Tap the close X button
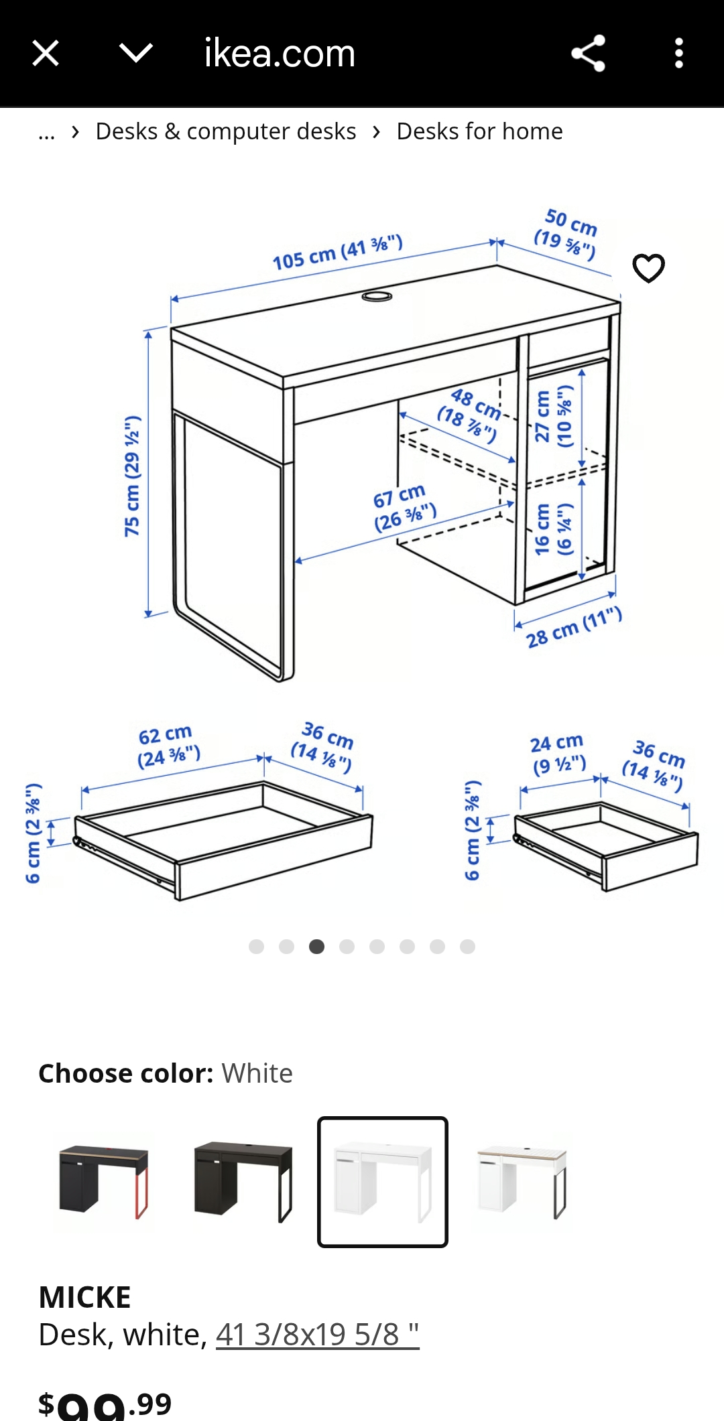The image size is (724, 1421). [x=46, y=53]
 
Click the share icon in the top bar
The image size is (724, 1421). [x=588, y=53]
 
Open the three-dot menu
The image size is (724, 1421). [x=679, y=53]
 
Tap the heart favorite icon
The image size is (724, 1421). [x=649, y=268]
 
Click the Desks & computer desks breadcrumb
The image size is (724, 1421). [x=226, y=131]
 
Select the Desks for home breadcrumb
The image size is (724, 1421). [x=479, y=131]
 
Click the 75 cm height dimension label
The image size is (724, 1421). [x=132, y=476]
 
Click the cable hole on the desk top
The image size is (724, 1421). [x=377, y=295]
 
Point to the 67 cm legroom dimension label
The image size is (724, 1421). [x=404, y=508]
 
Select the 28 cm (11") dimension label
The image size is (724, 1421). [x=574, y=627]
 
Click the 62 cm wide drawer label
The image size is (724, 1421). [x=168, y=746]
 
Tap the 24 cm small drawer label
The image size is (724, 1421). [x=558, y=754]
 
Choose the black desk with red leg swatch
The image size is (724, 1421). [x=103, y=1182]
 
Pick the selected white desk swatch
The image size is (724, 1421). [x=383, y=1182]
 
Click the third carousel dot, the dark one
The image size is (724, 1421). [x=316, y=946]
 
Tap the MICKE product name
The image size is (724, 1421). [x=84, y=1297]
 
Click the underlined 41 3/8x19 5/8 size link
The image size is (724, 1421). [x=317, y=1335]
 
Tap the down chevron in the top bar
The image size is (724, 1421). [x=136, y=53]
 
